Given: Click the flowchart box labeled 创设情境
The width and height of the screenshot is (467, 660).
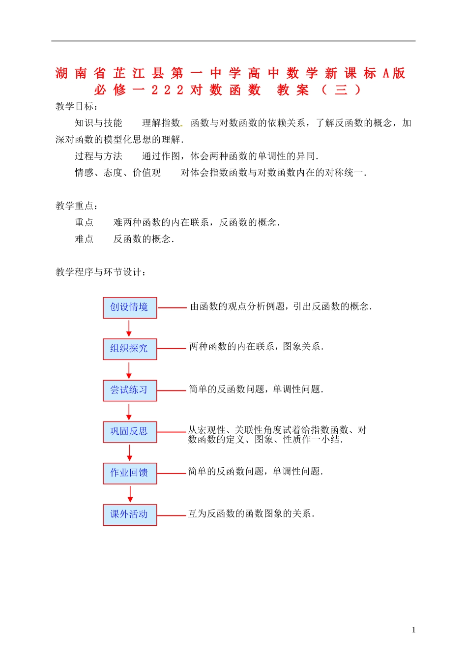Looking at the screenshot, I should coord(130,307).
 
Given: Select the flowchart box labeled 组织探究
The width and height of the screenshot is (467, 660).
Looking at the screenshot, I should coord(130,349).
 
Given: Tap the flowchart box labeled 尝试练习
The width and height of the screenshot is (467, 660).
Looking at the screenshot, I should coord(130,390).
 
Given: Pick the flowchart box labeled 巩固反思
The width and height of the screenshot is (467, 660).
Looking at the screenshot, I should coord(130,432).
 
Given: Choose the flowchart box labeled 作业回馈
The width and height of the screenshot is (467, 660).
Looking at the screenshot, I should coord(130,473).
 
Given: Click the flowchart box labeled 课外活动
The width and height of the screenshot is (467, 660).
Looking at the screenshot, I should coord(130,514).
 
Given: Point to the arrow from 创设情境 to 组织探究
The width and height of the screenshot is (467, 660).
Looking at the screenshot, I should coord(129,328).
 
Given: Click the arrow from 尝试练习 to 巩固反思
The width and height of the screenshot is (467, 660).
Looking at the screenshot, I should coord(129,411).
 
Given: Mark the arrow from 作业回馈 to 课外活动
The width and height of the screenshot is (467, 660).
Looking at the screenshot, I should coord(130,494).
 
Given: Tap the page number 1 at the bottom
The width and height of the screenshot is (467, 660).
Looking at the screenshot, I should coord(414,630).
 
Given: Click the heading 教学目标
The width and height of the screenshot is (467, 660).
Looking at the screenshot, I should coord(77,106).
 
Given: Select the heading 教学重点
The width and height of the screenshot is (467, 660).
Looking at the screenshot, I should coord(77,206).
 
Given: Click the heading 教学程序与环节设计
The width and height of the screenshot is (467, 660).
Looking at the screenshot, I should coord(101,272).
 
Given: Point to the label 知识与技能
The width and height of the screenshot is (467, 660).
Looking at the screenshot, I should coord(98,123).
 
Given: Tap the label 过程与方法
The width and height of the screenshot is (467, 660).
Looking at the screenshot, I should coord(98,156).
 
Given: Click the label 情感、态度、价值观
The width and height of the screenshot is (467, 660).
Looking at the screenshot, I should coord(118,173).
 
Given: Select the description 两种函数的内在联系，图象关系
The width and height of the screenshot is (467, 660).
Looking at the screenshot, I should coord(256,347).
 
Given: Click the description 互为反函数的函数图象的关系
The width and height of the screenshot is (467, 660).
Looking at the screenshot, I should coord(251,513).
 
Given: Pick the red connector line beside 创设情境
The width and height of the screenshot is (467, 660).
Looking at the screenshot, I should coord(172,307).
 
